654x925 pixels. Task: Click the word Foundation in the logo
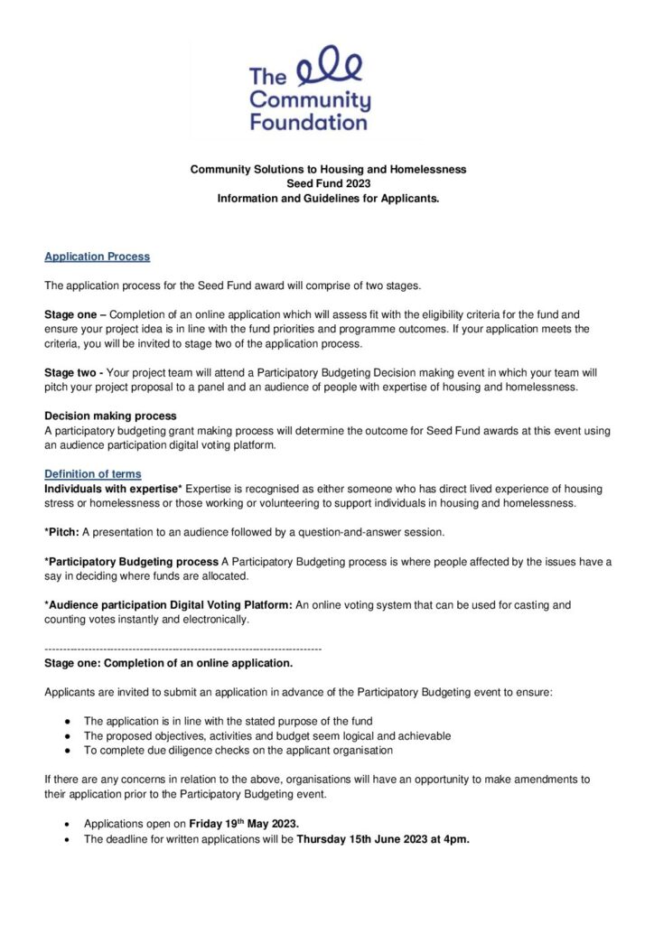pos(309,122)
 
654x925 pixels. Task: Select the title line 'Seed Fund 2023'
pos(327,183)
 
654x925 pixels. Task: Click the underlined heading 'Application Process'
pos(98,257)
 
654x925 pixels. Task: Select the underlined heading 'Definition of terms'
pos(93,474)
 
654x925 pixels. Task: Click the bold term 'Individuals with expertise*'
pos(113,489)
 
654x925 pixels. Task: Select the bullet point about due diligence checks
pos(238,751)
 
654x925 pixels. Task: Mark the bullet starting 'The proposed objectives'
pos(267,736)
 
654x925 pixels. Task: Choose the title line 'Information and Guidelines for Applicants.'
pos(327,198)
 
